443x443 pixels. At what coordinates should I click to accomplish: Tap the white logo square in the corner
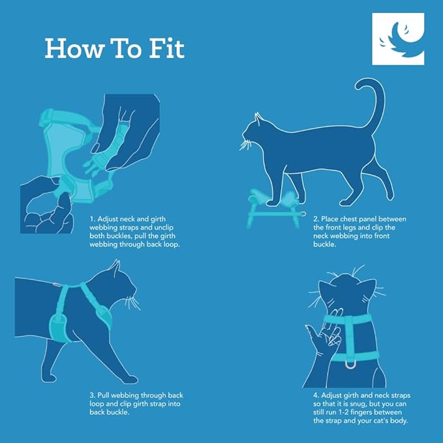point(397,39)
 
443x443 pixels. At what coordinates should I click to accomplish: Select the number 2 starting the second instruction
point(315,219)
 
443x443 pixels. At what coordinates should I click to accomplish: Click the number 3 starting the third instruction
point(91,395)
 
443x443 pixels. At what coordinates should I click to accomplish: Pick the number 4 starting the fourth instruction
point(316,395)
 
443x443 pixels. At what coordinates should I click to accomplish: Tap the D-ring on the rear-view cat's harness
point(350,363)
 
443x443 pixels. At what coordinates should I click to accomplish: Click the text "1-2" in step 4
point(350,413)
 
